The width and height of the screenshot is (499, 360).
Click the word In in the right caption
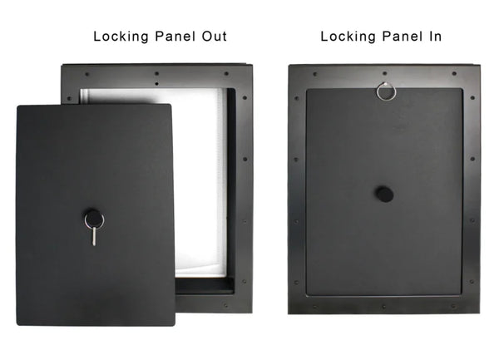pyautogui.click(x=432, y=37)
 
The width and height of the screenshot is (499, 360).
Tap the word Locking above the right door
pyautogui.click(x=348, y=37)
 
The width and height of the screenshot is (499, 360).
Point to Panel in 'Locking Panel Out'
pyautogui.click(x=173, y=37)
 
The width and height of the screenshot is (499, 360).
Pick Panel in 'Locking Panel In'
pyautogui.click(x=400, y=37)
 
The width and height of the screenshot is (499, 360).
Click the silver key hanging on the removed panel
pyautogui.click(x=94, y=234)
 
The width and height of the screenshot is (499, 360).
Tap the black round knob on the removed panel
pyautogui.click(x=94, y=219)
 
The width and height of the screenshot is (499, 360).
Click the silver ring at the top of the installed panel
pyautogui.click(x=385, y=91)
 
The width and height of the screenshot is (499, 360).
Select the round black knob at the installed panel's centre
pyautogui.click(x=383, y=194)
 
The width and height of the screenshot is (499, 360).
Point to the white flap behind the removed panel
pyautogui.click(x=200, y=183)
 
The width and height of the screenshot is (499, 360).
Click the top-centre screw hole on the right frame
pyautogui.click(x=384, y=74)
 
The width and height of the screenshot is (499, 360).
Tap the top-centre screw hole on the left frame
pyautogui.click(x=156, y=73)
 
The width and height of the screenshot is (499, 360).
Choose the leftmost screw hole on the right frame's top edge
pyautogui.click(x=314, y=74)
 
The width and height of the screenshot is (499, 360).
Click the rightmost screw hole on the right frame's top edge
pyautogui.click(x=453, y=74)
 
